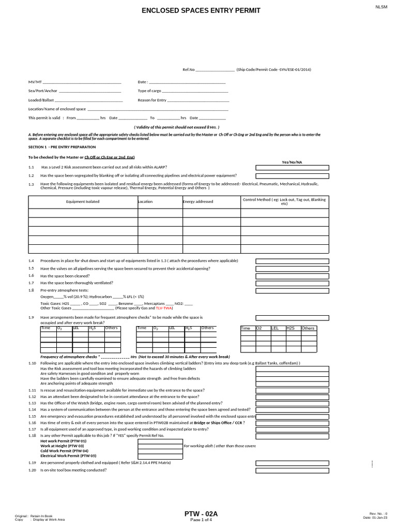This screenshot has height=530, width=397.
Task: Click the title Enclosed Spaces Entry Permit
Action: pyautogui.click(x=201, y=10)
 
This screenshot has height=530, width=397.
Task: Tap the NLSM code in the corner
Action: pyautogui.click(x=381, y=7)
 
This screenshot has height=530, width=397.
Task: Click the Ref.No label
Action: pyautogui.click(x=188, y=69)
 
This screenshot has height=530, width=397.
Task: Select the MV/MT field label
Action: pyautogui.click(x=35, y=82)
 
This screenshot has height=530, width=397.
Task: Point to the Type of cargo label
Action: pyautogui.click(x=149, y=91)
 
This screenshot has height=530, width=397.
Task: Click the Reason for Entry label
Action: pyautogui.click(x=152, y=100)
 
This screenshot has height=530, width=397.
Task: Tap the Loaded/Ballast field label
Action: pyautogui.click(x=41, y=100)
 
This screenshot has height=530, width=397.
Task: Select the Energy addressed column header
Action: pyautogui.click(x=198, y=201)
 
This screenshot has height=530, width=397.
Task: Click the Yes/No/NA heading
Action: pyautogui.click(x=292, y=162)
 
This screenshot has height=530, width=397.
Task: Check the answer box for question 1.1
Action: pyautogui.click(x=292, y=167)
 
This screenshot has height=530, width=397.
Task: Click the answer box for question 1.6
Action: pyautogui.click(x=292, y=276)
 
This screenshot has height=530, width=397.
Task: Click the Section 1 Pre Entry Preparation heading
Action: pyautogui.click(x=55, y=147)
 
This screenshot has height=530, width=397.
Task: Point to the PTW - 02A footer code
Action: pyautogui.click(x=201, y=513)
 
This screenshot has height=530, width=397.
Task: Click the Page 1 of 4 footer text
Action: pyautogui.click(x=201, y=520)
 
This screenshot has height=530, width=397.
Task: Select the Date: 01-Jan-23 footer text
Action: pyautogui.click(x=375, y=517)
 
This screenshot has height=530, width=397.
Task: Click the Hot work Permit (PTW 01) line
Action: pyautogui.click(x=63, y=440)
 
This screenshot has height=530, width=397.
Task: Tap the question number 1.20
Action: pyautogui.click(x=32, y=469)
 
